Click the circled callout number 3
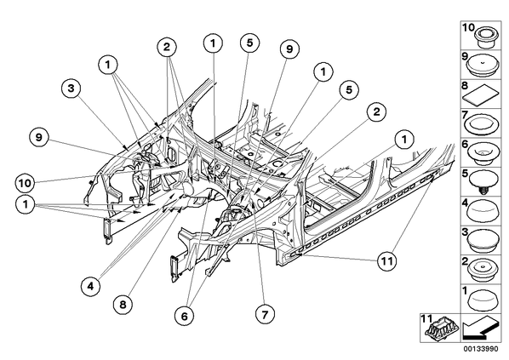pos(71,89)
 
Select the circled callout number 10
pos(25,183)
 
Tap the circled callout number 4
pos(90,286)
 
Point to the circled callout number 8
pos(123,305)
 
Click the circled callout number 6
pos(184,316)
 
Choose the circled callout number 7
pos(265,314)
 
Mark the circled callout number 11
pos(387,260)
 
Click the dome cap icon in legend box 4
pos(483,211)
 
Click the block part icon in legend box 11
pos(441,329)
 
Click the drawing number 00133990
pos(480,349)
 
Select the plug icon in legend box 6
pos(483,152)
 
